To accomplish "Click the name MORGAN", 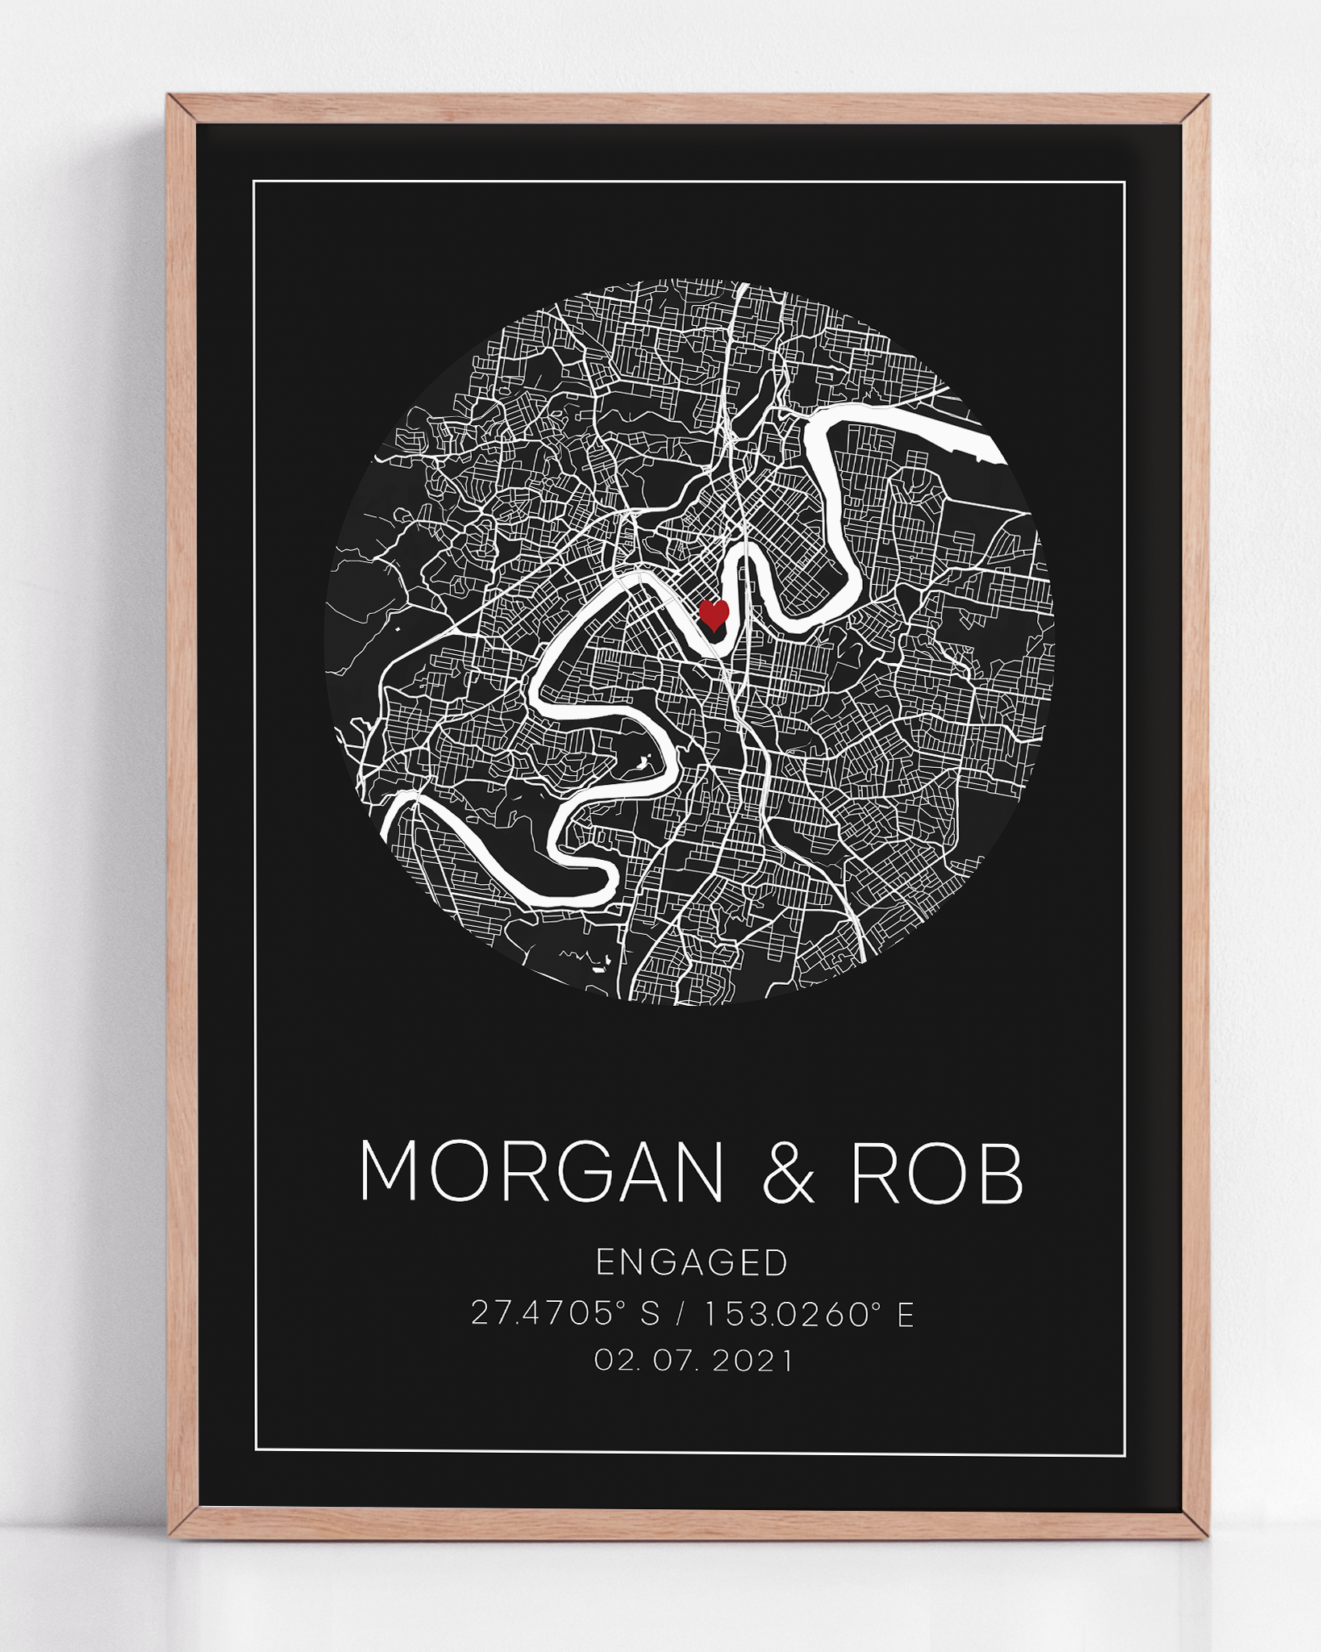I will coord(541,1171).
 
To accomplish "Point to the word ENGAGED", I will coord(692,1262).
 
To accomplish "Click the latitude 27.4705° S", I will coord(565,1314).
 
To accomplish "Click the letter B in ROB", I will coord(1001,1171).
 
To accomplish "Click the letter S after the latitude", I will coord(649,1314).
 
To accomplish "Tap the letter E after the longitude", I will coord(905,1314).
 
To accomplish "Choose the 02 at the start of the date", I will coord(609,1361).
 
